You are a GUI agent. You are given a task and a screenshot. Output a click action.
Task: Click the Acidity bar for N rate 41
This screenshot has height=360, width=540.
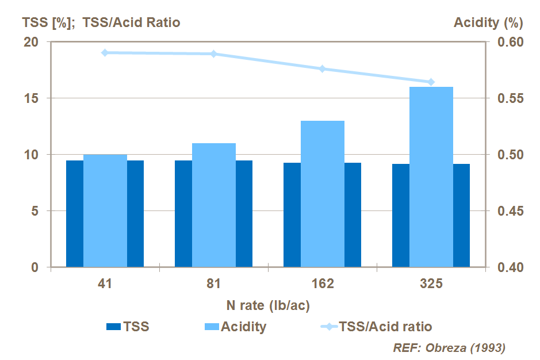105,210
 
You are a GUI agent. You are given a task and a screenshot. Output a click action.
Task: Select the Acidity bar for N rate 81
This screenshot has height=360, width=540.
214,205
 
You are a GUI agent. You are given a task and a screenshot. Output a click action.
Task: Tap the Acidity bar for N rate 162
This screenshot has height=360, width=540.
323,194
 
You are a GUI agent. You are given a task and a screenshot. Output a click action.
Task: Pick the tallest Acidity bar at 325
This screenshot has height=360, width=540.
431,177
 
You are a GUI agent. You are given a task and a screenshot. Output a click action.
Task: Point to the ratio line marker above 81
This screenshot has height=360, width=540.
213,54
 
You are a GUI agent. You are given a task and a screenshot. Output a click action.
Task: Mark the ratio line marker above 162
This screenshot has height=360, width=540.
323,69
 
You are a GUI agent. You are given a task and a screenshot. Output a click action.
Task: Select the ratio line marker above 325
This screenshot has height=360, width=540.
431,82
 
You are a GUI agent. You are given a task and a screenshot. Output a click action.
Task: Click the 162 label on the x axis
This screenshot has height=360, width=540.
323,285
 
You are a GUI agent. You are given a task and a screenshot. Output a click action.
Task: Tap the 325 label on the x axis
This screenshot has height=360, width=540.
431,285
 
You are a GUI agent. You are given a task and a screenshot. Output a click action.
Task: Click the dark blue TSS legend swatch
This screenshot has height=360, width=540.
114,327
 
